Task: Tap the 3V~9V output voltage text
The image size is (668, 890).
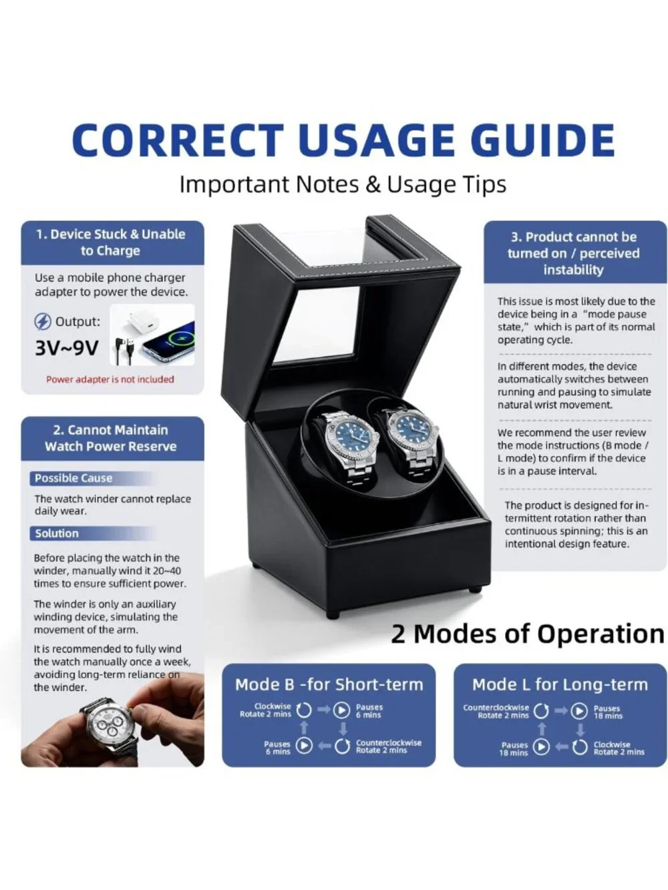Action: [x=67, y=347]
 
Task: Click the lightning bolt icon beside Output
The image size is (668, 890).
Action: [x=42, y=322]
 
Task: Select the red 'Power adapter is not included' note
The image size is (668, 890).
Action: [x=110, y=379]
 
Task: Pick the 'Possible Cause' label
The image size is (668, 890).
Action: [x=73, y=479]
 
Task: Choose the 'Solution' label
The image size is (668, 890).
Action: [x=57, y=533]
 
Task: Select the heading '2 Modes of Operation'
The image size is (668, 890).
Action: [x=528, y=634]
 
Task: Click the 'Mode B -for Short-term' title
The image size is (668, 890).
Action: [x=329, y=685]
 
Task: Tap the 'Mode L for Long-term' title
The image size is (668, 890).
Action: [x=560, y=685]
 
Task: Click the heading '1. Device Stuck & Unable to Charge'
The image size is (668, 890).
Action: [x=110, y=242]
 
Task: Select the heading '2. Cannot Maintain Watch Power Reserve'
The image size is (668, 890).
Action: [x=111, y=438]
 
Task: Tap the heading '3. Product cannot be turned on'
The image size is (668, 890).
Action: [x=574, y=253]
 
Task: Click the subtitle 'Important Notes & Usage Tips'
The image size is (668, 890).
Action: [x=343, y=185]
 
